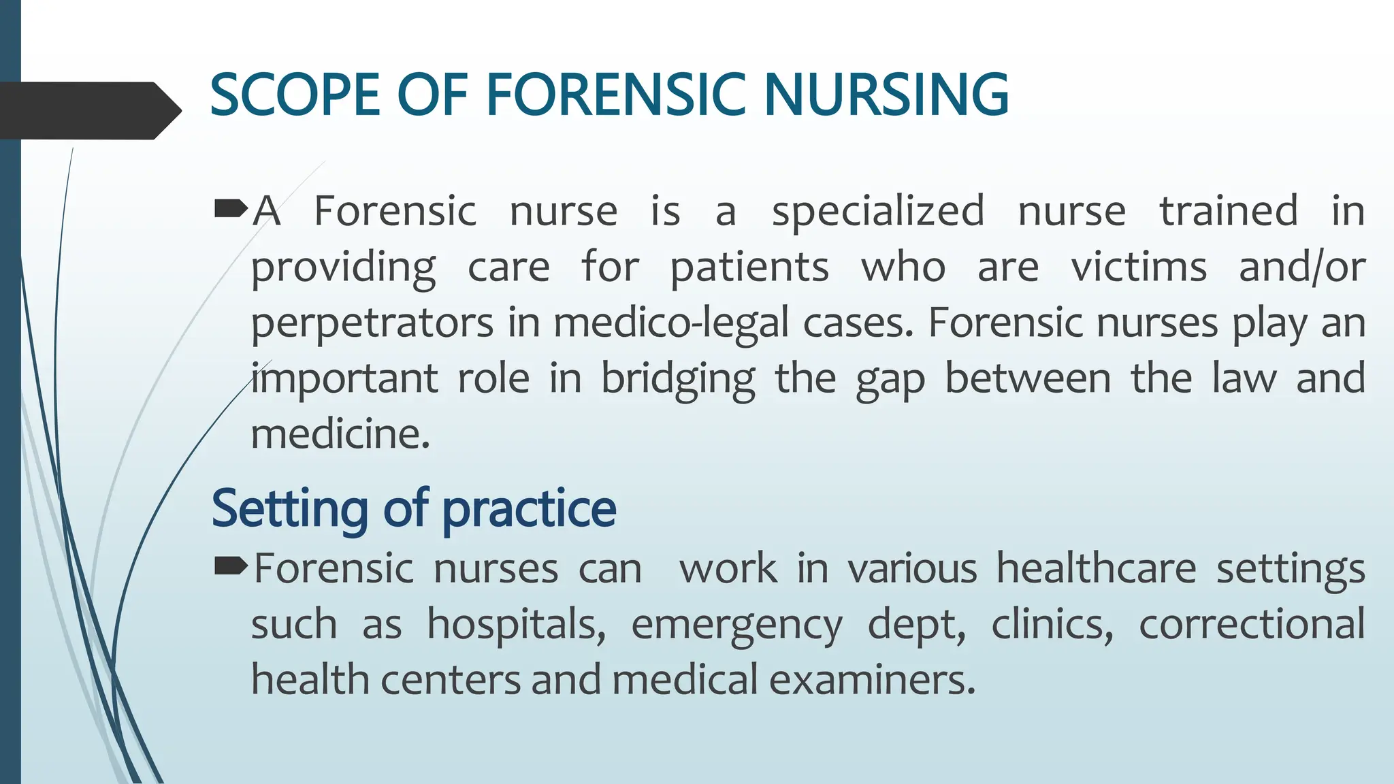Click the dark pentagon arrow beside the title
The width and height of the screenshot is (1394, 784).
pyautogui.click(x=88, y=110)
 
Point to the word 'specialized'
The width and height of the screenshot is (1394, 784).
pyautogui.click(x=878, y=212)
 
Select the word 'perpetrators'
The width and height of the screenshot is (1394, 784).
pyautogui.click(x=372, y=323)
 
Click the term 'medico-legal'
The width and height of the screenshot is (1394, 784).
pyautogui.click(x=671, y=323)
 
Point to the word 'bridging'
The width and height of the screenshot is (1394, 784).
pyautogui.click(x=678, y=380)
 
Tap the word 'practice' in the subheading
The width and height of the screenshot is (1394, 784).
pyautogui.click(x=530, y=509)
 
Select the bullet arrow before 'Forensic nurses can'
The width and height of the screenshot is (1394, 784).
pyautogui.click(x=231, y=566)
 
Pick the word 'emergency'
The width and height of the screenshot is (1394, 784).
pyautogui.click(x=736, y=625)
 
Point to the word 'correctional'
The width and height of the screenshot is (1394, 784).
pyautogui.click(x=1252, y=624)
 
